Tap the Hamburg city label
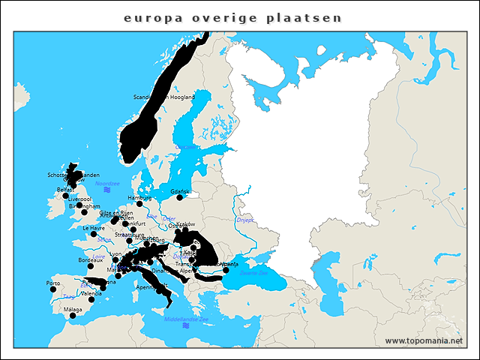139,198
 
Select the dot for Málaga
73,316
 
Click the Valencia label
91,293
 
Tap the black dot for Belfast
65,196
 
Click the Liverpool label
78,199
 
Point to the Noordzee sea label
107,183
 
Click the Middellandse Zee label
186,319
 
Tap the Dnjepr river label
245,220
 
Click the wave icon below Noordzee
107,190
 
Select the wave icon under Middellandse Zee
186,326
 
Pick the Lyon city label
115,254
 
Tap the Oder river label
169,219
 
